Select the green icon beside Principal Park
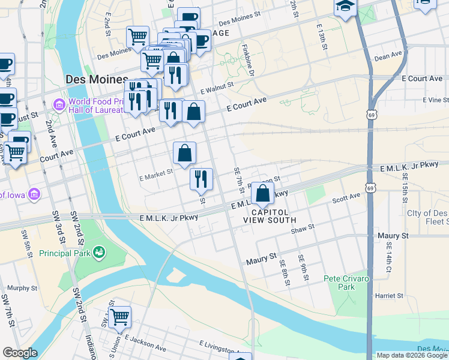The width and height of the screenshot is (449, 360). coord(99,253)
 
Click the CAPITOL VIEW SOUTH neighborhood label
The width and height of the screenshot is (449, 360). coord(270,216)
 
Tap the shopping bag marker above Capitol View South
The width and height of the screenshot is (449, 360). coord(262,193)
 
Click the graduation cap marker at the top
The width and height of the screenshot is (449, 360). coord(345,7)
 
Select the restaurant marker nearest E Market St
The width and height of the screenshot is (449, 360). coord(201,179)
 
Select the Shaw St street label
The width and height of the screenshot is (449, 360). coord(302,228)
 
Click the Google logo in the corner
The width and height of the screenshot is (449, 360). coord(20,353)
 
